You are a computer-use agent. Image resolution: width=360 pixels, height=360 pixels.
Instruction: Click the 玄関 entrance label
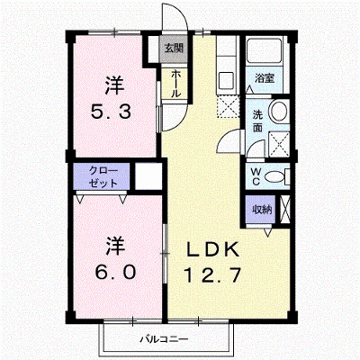point(174,48)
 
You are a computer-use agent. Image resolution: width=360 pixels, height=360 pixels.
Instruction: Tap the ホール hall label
point(175,84)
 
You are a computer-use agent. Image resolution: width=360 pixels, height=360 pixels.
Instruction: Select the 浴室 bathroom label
point(265,78)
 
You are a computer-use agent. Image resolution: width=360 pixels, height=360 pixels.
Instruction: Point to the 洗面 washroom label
point(257,121)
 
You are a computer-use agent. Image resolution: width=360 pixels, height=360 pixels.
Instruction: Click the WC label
point(256,176)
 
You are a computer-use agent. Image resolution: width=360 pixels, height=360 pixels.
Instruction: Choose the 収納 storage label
point(262,209)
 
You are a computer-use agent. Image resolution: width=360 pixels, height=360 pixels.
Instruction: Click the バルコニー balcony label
point(165,339)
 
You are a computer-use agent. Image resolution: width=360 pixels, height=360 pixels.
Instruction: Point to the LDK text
point(213,249)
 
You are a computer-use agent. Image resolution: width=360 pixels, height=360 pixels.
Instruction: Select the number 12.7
point(213,275)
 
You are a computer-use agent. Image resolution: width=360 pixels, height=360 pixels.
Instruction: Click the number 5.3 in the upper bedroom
point(111,112)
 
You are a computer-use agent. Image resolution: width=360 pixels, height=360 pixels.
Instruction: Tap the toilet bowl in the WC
point(274,177)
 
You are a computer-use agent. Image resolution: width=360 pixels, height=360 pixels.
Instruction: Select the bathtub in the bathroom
point(264,51)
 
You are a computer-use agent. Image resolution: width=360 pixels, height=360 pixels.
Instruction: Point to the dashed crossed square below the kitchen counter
point(228,105)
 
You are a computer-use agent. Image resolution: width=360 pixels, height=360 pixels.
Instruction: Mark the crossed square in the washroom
point(279,144)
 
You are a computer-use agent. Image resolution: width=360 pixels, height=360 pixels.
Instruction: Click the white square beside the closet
point(148,175)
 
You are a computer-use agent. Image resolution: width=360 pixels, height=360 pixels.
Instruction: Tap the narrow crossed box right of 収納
point(285,209)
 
